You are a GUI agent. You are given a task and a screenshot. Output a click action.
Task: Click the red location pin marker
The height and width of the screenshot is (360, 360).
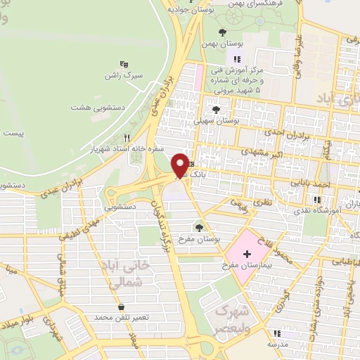(181, 167)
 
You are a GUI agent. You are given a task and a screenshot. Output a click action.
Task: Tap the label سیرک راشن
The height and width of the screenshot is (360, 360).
(124, 74)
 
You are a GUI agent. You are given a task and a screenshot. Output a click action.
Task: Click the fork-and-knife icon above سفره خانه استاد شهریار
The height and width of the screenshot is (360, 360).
(127, 138)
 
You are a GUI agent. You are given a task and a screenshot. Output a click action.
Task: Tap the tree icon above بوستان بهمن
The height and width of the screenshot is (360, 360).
(223, 32)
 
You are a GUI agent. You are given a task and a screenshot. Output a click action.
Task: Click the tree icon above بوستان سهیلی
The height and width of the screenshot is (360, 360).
(216, 110)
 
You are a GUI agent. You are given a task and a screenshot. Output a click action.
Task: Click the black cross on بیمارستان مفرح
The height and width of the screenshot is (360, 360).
(246, 252)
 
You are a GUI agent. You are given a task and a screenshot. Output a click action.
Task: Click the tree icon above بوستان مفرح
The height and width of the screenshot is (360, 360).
(200, 227)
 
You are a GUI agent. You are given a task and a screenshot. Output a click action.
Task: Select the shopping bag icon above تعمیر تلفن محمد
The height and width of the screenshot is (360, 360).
(122, 307)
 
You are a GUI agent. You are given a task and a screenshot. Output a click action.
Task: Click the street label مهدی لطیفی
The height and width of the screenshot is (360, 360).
(77, 229)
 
